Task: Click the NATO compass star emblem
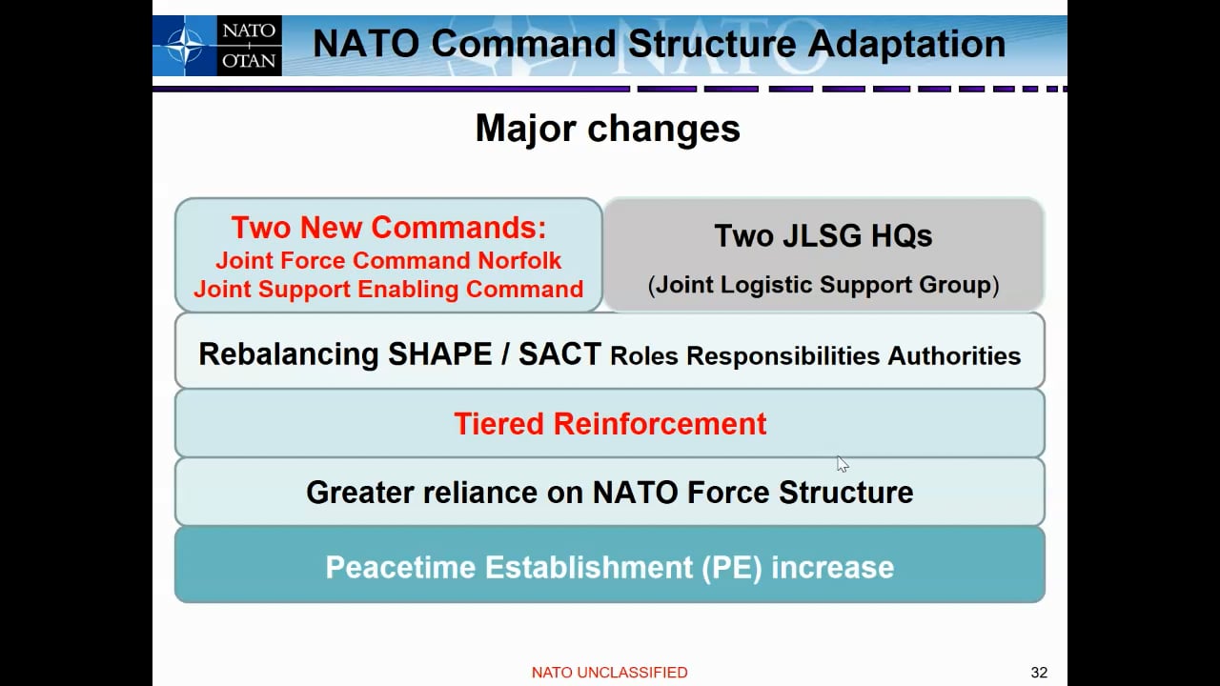point(185,46)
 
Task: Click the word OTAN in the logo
point(249,61)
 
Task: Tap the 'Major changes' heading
point(607,129)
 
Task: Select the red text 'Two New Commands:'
point(389,228)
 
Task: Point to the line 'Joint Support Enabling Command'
point(389,290)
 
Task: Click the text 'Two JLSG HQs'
point(823,236)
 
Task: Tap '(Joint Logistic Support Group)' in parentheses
point(823,285)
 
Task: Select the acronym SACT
point(559,354)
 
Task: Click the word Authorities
point(954,356)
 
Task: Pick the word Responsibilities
point(783,356)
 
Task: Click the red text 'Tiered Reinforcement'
point(610,424)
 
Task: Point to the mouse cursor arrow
point(842,463)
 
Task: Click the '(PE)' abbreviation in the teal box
point(731,567)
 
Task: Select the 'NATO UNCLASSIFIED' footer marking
point(609,673)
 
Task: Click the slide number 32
point(1039,673)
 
